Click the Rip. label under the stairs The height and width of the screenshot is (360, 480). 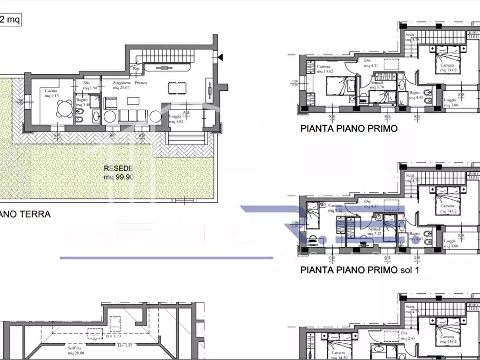point(137,69)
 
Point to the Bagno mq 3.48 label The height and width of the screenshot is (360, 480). point(82,102)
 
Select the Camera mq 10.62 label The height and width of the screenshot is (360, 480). point(325,69)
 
